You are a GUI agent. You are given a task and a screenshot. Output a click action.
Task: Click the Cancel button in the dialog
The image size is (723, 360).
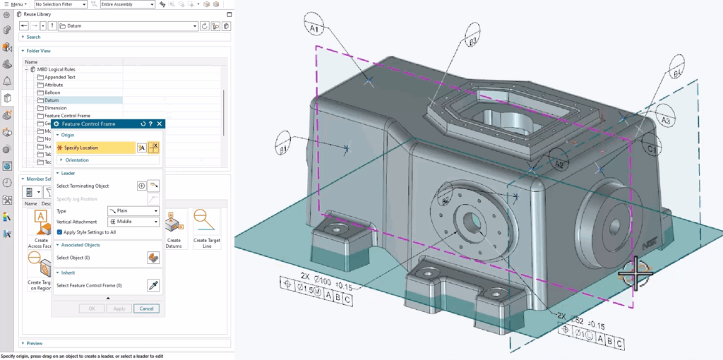click(x=146, y=308)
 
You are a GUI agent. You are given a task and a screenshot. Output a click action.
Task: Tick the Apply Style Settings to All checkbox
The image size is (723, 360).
click(x=59, y=232)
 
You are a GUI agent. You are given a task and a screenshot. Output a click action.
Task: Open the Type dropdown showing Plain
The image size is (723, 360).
click(x=133, y=211)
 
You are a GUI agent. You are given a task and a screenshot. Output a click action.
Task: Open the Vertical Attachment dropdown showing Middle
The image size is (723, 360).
click(x=133, y=222)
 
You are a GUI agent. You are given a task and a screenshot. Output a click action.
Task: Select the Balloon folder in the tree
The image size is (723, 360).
click(x=52, y=92)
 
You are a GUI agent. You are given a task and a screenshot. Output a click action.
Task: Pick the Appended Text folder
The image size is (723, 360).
click(x=59, y=77)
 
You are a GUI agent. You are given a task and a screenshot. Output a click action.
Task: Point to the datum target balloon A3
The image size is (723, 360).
click(x=665, y=121)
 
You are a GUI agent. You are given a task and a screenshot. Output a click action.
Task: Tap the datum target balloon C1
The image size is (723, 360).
click(x=652, y=150)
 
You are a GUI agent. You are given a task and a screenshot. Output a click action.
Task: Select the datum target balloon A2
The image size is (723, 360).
click(x=558, y=164)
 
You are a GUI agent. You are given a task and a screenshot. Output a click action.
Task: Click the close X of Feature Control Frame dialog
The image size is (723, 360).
click(x=160, y=124)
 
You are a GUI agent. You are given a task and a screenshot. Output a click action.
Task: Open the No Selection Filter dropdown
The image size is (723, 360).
click(x=60, y=4)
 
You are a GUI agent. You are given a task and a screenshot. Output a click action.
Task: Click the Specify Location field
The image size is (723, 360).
click(x=95, y=148)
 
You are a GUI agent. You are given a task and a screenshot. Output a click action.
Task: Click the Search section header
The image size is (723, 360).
click(x=33, y=37)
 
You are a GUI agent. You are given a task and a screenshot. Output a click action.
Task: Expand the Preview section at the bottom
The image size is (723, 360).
click(x=34, y=343)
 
